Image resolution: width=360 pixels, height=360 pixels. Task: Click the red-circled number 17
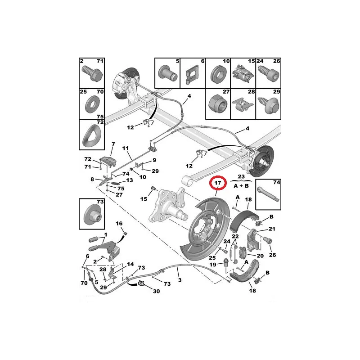(x=218, y=183)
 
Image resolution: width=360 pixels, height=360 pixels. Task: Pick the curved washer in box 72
(x=91, y=136)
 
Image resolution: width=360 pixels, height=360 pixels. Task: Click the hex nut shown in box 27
(x=217, y=105)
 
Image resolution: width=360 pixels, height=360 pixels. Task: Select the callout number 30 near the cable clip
(x=156, y=291)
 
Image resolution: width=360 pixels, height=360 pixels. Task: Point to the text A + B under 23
(x=241, y=186)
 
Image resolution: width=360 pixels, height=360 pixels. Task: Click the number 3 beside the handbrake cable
(x=180, y=280)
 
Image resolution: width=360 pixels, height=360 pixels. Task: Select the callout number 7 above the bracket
(x=113, y=144)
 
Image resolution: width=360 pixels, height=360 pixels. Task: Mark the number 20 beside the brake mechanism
(x=260, y=256)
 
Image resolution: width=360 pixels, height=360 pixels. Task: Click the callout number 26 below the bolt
(x=273, y=255)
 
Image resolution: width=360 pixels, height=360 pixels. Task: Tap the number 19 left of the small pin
(x=213, y=265)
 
